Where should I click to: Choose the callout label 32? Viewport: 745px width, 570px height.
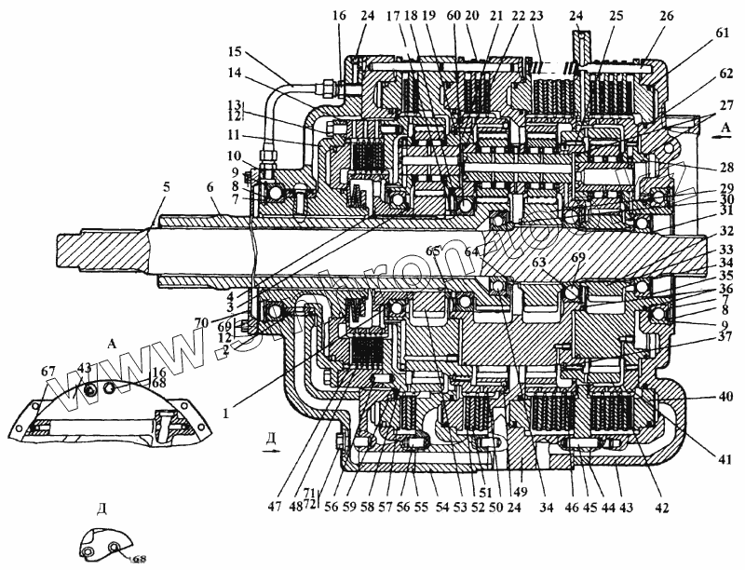726,232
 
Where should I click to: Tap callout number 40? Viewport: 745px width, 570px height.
726,395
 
